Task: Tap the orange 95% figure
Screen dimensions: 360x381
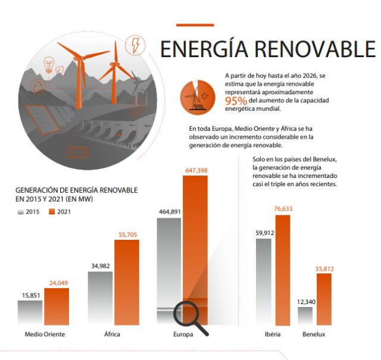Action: coord(235,101)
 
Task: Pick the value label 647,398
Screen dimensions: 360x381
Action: coord(196,171)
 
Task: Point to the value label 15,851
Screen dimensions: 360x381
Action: coord(30,295)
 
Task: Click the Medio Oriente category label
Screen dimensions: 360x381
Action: coord(45,334)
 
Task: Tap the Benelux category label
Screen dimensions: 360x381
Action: coord(314,334)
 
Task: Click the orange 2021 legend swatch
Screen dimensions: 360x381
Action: coord(51,211)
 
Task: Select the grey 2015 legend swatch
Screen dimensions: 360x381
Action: coord(21,211)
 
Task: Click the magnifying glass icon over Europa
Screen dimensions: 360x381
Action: coord(189,317)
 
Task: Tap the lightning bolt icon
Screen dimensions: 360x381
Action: coord(135,45)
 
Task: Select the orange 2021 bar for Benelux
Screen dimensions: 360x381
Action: coord(324,299)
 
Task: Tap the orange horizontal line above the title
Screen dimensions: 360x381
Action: coord(195,25)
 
